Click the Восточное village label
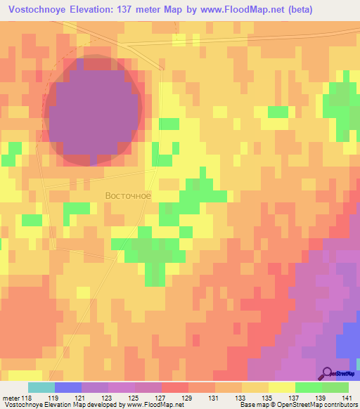128,195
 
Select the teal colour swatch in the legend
41,387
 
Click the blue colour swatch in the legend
68,387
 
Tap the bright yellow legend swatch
282,387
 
